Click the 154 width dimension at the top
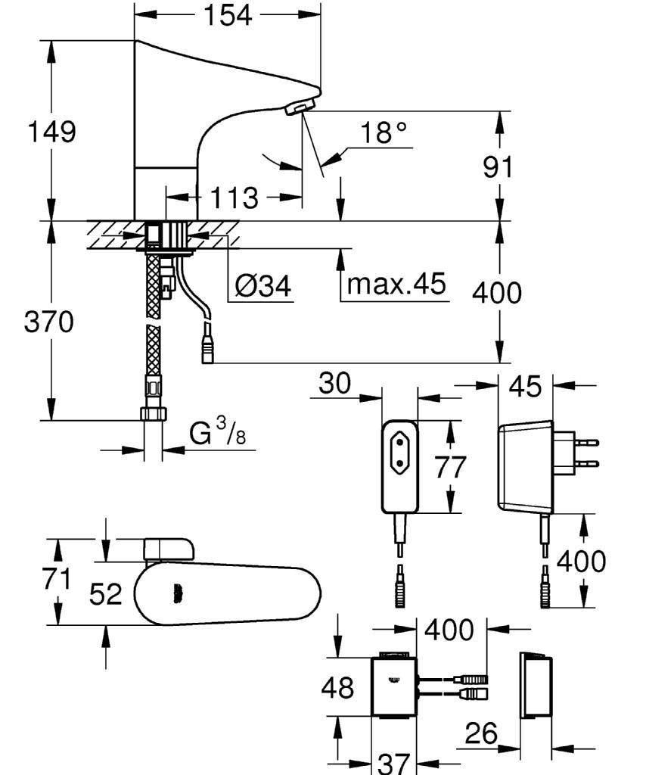click(228, 15)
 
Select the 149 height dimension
click(52, 132)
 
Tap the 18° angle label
click(384, 132)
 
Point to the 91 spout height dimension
click(498, 167)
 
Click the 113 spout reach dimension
click(234, 198)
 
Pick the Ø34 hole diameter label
click(263, 285)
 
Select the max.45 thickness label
click(396, 283)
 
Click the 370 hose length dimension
click(49, 322)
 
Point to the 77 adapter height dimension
click(450, 467)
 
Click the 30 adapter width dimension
click(334, 383)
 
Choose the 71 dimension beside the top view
click(57, 579)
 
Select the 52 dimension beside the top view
click(106, 593)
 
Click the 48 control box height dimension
click(338, 687)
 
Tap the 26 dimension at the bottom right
click(482, 733)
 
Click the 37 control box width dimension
click(394, 764)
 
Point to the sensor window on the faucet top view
click(177, 593)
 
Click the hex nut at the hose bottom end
click(154, 414)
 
